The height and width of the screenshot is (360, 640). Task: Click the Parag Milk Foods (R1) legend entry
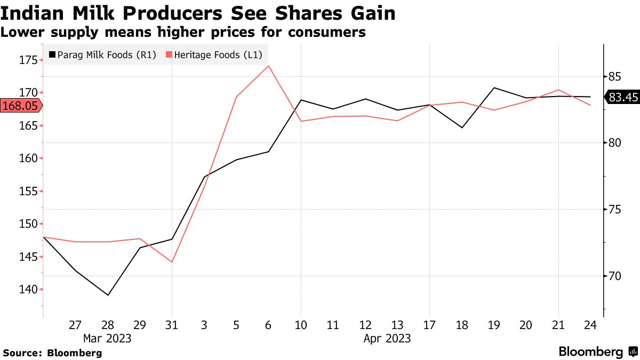point(102,55)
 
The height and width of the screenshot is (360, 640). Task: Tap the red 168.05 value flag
point(20,106)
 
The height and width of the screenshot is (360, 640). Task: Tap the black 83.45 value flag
point(621,97)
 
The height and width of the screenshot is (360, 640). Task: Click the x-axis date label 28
point(108,325)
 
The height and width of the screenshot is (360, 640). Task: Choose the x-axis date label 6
point(268,325)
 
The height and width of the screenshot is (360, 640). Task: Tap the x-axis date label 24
point(590,325)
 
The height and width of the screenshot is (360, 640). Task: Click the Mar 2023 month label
point(107,338)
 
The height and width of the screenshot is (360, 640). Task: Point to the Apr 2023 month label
point(387,338)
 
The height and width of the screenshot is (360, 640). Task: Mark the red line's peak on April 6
point(268,66)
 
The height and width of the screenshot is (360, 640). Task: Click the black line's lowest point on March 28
point(108,295)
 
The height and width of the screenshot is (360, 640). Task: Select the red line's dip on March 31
point(172,262)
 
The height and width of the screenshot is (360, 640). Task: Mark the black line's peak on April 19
point(494,87)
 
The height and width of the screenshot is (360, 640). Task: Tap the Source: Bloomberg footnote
point(52,353)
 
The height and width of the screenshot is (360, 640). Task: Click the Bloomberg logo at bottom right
point(597,352)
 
